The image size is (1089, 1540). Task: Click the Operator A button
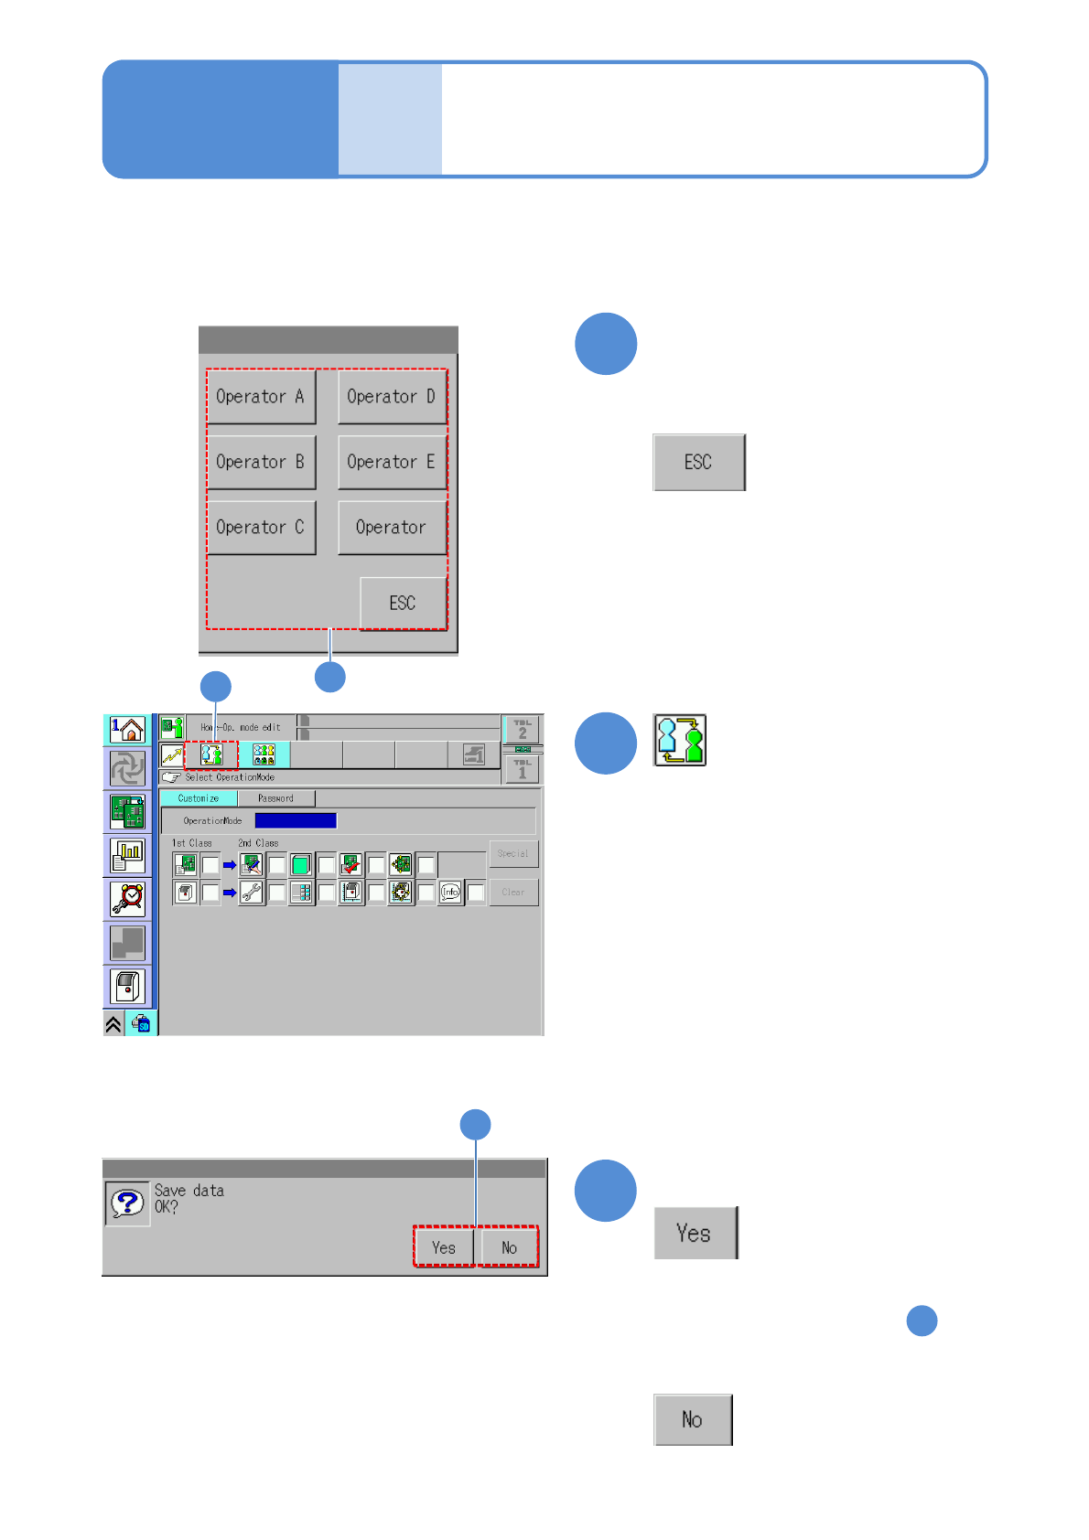(261, 397)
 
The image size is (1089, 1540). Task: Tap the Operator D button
(392, 397)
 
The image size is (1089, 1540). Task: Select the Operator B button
(261, 462)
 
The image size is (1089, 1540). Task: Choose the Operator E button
(392, 462)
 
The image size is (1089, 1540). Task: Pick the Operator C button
(261, 528)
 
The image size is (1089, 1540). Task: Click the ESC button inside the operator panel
(403, 604)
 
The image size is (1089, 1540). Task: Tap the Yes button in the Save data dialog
(444, 1247)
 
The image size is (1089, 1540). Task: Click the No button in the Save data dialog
(510, 1247)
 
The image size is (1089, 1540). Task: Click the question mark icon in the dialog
(127, 1203)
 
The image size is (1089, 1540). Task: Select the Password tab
(275, 798)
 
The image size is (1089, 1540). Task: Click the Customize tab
(198, 798)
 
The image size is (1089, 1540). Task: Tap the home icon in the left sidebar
(128, 730)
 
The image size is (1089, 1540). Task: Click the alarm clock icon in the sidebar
(128, 899)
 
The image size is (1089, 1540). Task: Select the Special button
(513, 853)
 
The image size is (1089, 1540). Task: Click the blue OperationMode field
(296, 820)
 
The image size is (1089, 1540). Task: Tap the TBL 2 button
(523, 730)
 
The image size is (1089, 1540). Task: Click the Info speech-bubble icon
(450, 892)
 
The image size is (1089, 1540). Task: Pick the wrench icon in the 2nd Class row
(252, 892)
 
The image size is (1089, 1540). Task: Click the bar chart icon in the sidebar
(128, 856)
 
